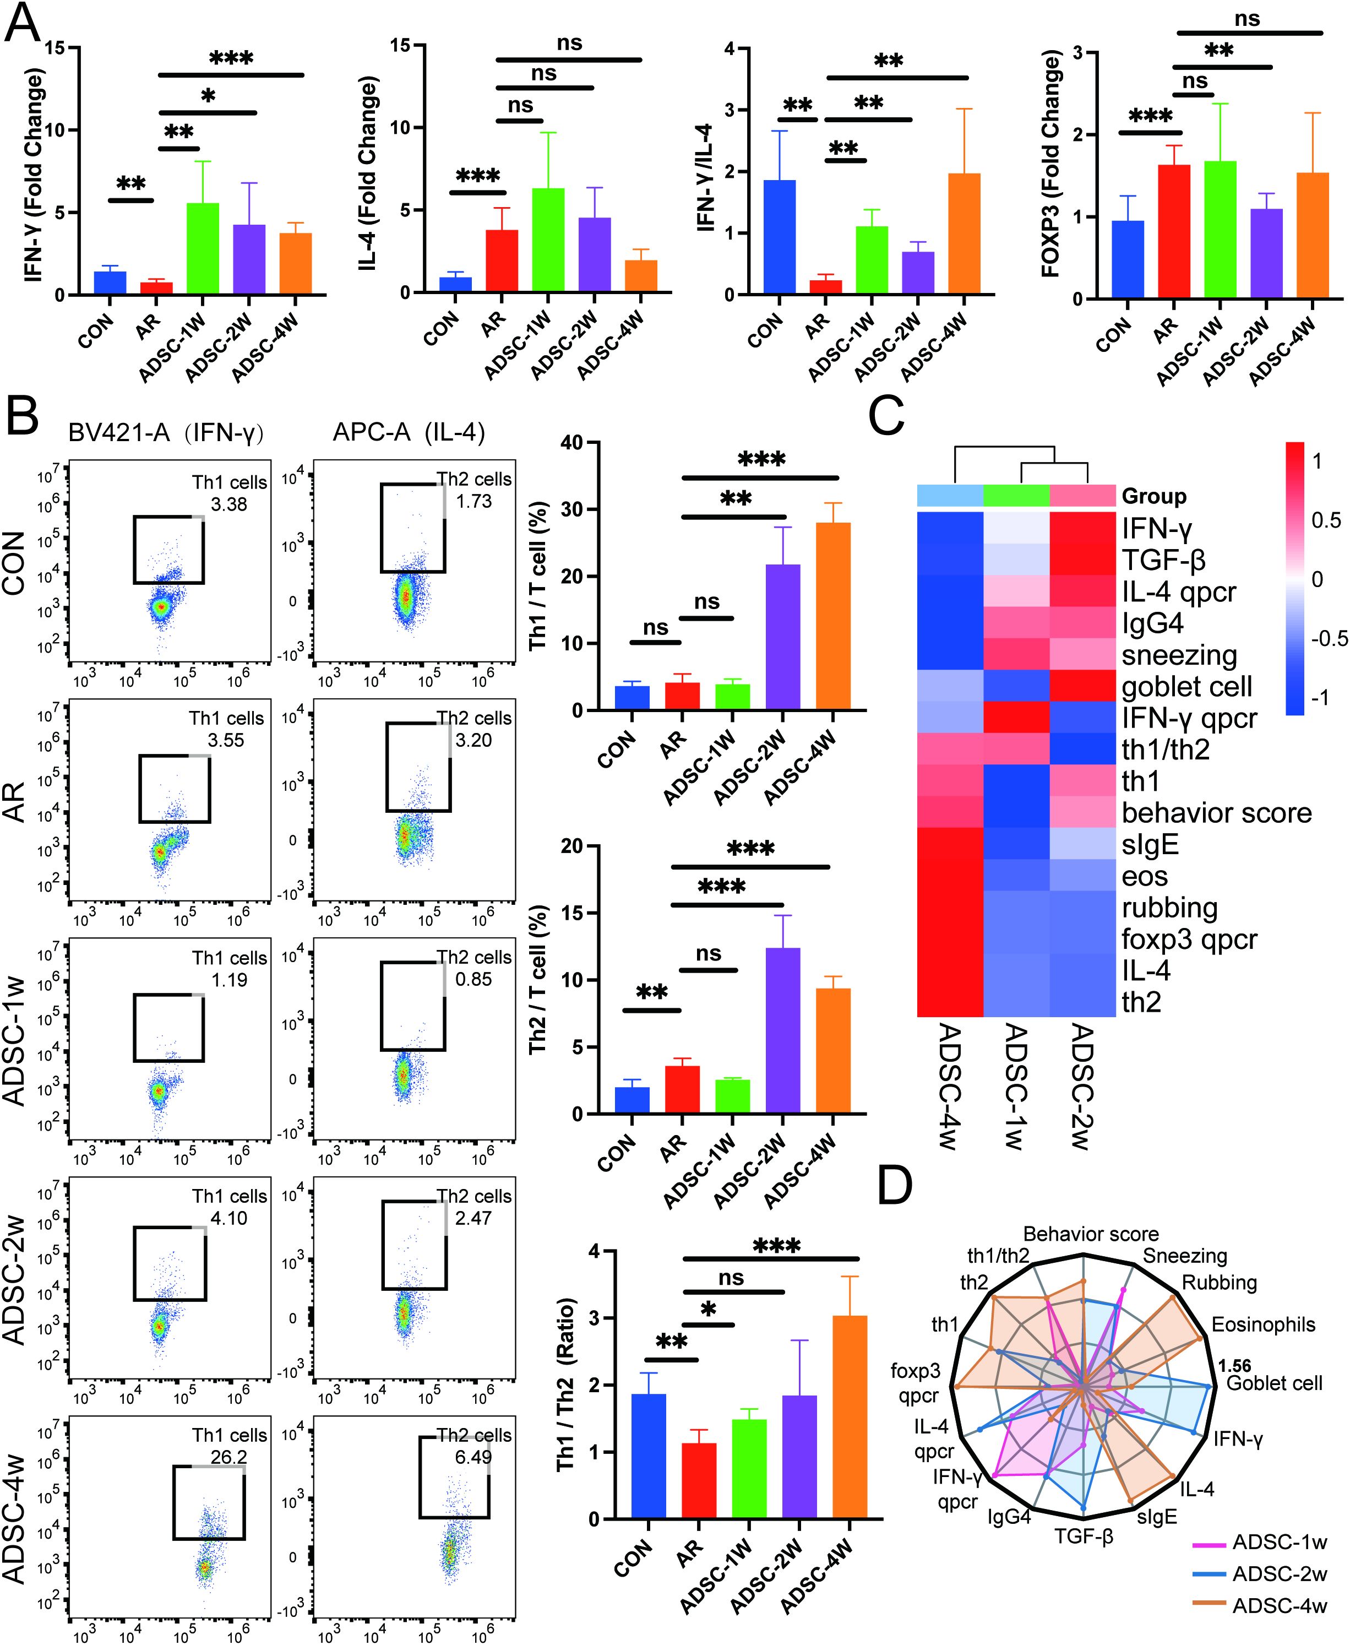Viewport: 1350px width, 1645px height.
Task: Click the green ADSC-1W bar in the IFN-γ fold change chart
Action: [x=202, y=249]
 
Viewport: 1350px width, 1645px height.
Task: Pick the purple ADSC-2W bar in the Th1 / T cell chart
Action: [x=783, y=637]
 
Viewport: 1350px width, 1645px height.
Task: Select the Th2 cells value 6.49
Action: [x=473, y=1457]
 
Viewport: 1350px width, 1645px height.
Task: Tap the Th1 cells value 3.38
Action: [x=228, y=504]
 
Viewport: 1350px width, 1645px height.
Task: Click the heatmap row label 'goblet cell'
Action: [x=1186, y=687]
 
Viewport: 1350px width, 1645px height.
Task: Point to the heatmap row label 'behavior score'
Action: [x=1216, y=813]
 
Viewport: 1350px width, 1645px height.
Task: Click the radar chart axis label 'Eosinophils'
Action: [x=1263, y=1324]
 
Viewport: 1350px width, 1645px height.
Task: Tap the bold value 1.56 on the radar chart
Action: [x=1235, y=1366]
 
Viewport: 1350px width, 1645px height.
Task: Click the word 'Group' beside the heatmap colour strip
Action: [x=1153, y=496]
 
